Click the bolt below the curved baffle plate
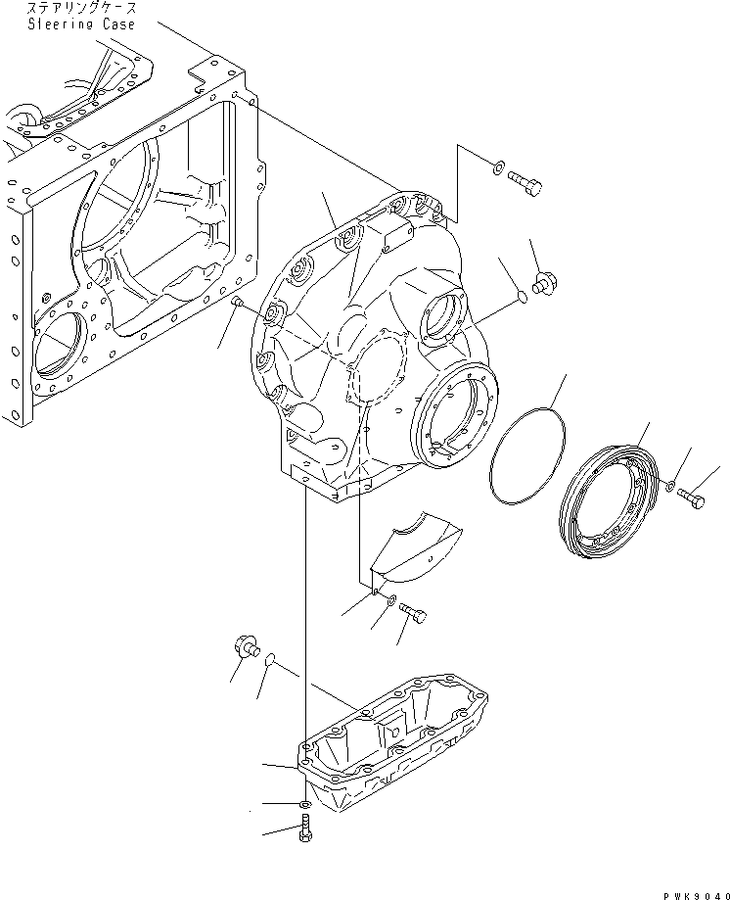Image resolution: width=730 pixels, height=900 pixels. [415, 614]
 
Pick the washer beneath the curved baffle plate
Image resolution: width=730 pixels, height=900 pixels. [390, 602]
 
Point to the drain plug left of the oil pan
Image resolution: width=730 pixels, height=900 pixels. [245, 646]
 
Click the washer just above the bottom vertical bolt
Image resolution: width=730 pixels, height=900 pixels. [304, 805]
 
